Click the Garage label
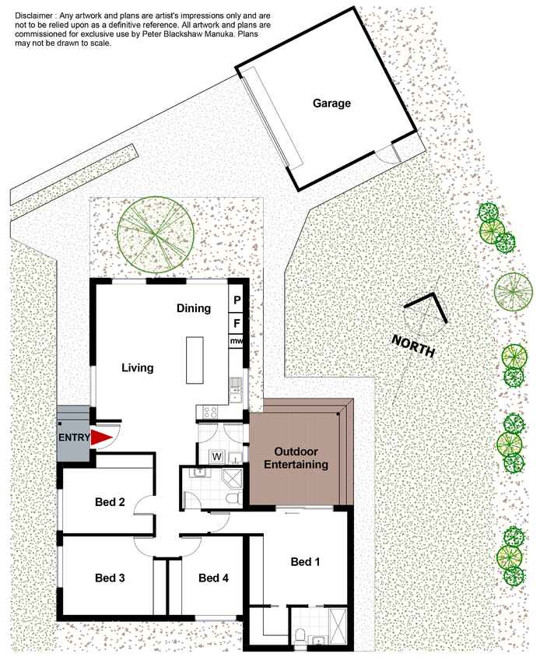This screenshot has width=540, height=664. [x=331, y=104]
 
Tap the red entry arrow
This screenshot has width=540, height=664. [x=102, y=438]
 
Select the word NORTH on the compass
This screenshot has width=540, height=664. [x=413, y=346]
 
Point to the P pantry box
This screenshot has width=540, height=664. [x=237, y=300]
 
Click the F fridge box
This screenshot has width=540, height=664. [x=237, y=324]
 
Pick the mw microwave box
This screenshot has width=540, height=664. [x=236, y=341]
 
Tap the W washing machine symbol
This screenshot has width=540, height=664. [x=216, y=457]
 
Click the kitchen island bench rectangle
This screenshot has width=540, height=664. [x=195, y=360]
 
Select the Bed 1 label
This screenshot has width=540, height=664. [x=305, y=562]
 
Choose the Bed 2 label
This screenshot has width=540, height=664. [x=110, y=502]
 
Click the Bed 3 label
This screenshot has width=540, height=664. [x=110, y=578]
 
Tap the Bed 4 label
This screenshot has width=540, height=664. [x=213, y=578]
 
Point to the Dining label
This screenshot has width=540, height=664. [x=194, y=308]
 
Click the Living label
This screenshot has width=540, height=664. [x=138, y=367]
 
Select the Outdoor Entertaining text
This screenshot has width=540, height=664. [x=296, y=458]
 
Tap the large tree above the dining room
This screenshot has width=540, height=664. [x=156, y=234]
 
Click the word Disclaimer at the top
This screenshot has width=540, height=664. [x=34, y=16]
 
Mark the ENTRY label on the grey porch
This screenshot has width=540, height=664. [x=74, y=437]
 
